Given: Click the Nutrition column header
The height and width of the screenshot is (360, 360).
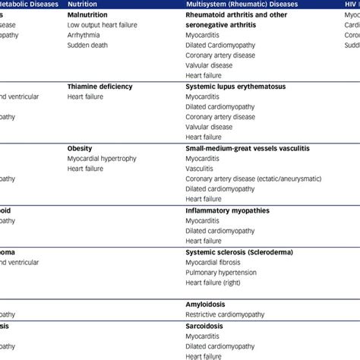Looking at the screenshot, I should click(x=83, y=5).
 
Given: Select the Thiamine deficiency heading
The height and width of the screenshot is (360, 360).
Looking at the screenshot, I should click(x=99, y=87).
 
